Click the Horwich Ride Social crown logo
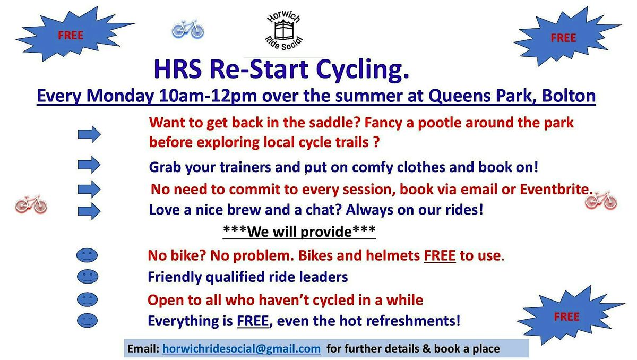pyautogui.click(x=284, y=31)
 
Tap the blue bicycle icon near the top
pyautogui.click(x=188, y=29)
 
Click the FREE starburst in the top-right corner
pyautogui.click(x=566, y=37)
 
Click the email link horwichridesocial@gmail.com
pyautogui.click(x=242, y=348)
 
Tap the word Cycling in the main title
pyautogui.click(x=363, y=70)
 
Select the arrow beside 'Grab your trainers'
pyautogui.click(x=89, y=165)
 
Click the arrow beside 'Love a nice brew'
pyautogui.click(x=89, y=211)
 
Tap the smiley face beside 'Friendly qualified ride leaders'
pyautogui.click(x=87, y=276)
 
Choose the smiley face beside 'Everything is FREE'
pyautogui.click(x=87, y=320)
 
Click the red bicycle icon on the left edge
pyautogui.click(x=31, y=204)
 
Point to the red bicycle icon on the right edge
pyautogui.click(x=601, y=200)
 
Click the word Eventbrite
pyautogui.click(x=556, y=189)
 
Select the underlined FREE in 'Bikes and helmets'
pyautogui.click(x=440, y=255)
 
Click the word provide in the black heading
pyautogui.click(x=326, y=232)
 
